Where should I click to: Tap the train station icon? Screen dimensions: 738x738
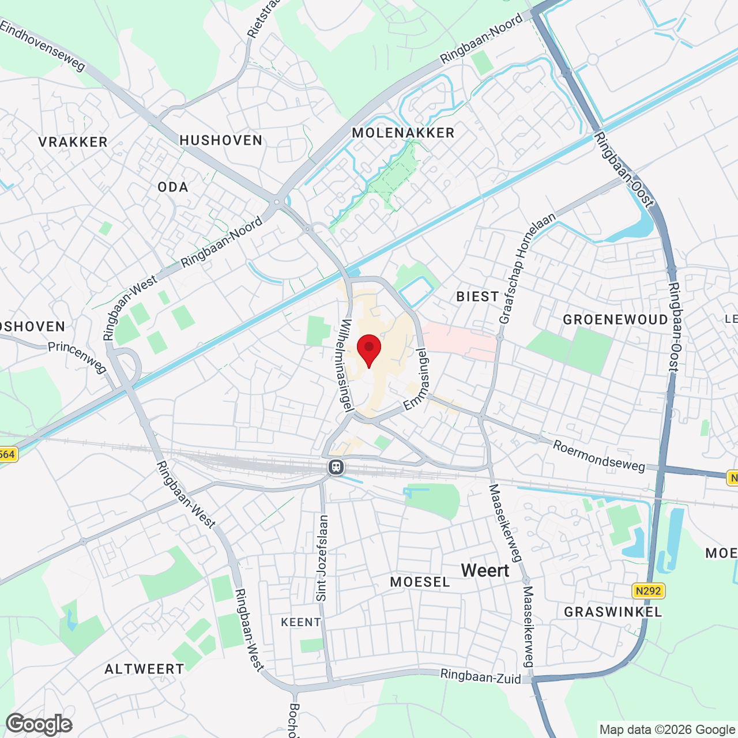(x=336, y=466)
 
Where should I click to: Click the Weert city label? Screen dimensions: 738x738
(x=485, y=571)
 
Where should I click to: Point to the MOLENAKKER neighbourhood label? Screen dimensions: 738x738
(x=403, y=133)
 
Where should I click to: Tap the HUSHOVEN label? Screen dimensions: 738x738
(x=221, y=140)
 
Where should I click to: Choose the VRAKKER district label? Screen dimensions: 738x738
(x=73, y=142)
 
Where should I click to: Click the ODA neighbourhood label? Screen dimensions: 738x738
(x=173, y=187)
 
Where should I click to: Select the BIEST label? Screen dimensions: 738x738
(x=477, y=297)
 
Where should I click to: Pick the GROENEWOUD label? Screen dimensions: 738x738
(x=615, y=320)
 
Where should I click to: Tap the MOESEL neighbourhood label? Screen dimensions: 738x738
(x=420, y=582)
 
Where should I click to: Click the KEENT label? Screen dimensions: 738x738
(x=301, y=622)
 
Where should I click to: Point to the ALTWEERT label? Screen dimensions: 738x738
(x=144, y=669)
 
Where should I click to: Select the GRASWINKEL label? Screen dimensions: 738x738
(x=613, y=612)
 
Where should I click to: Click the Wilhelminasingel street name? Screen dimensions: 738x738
(x=347, y=366)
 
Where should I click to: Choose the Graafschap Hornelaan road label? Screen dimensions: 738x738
(x=527, y=268)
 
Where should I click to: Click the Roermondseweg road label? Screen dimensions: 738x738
(x=599, y=456)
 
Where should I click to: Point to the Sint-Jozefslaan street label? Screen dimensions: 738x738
(x=322, y=558)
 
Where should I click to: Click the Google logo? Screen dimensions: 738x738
(x=39, y=724)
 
